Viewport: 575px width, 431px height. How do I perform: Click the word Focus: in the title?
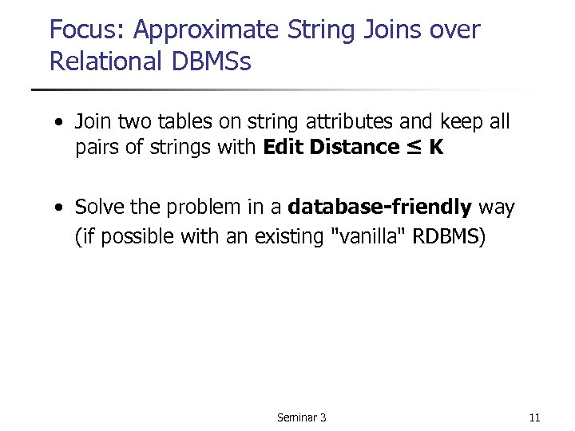(x=88, y=30)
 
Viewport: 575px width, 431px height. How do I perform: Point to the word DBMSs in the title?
(x=209, y=61)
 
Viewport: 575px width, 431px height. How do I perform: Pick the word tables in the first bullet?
(x=185, y=121)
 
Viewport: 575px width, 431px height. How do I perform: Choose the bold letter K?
(x=435, y=147)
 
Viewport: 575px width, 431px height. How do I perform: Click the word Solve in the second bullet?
(x=100, y=208)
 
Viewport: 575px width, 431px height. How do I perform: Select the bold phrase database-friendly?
(x=379, y=208)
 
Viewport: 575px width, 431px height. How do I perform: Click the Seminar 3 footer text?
(x=301, y=417)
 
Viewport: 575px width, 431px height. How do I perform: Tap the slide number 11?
(x=534, y=417)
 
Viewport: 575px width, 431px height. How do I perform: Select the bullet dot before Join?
(x=60, y=123)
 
